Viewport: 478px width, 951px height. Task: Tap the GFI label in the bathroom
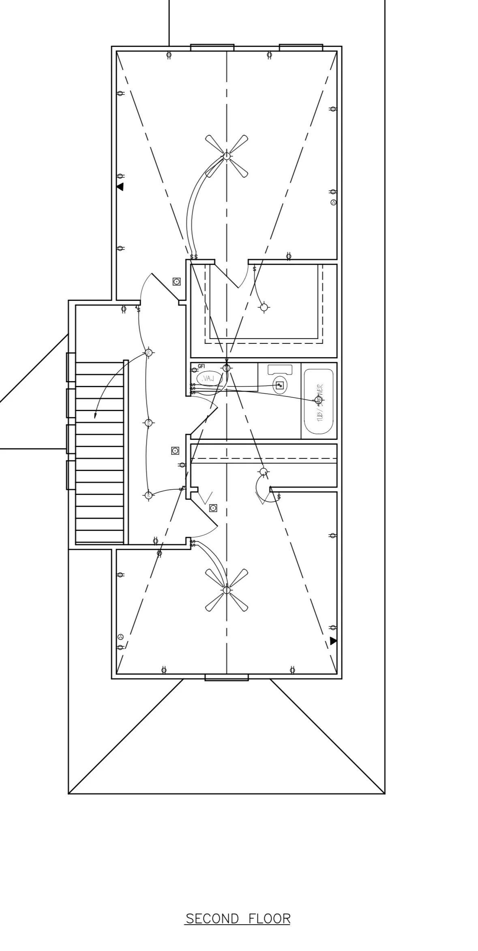tap(201, 367)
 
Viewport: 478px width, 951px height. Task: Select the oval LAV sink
tap(209, 379)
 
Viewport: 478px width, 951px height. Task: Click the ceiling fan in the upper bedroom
tap(227, 156)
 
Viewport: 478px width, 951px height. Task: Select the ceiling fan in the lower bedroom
tap(226, 590)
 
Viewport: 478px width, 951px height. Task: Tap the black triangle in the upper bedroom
tap(120, 187)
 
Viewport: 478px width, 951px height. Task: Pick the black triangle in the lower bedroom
tap(333, 641)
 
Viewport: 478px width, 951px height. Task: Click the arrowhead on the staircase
tap(96, 416)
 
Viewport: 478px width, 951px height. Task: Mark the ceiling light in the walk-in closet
tap(264, 307)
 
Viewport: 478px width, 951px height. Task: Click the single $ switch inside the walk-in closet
tap(254, 269)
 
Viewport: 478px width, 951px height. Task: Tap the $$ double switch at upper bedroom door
tap(194, 257)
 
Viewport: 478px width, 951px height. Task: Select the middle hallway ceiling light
tap(148, 423)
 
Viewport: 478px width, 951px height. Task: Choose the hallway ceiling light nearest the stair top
tap(148, 352)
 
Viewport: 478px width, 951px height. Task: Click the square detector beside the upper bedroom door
tap(176, 281)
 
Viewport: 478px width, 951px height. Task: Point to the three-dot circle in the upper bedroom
tap(334, 203)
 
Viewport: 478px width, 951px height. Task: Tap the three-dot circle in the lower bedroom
tap(120, 637)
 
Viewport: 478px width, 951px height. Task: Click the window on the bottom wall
tap(226, 677)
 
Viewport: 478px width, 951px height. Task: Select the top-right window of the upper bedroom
tap(301, 47)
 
